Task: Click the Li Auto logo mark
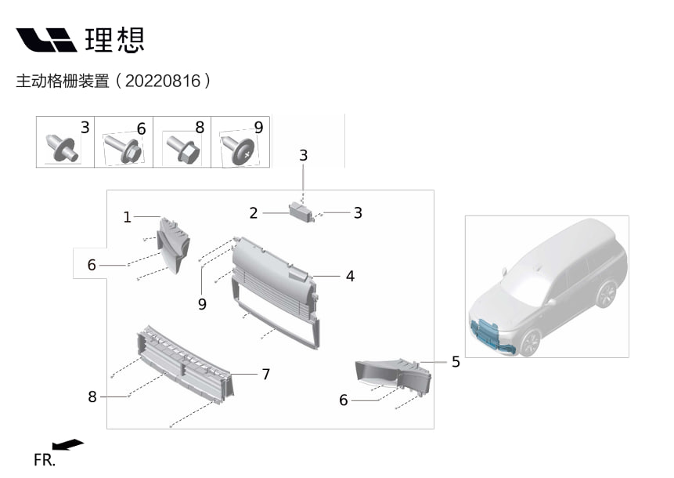(x=46, y=40)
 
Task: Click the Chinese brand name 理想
(x=115, y=40)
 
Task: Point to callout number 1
(x=128, y=217)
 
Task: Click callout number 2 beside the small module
(x=254, y=213)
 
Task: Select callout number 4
(x=350, y=276)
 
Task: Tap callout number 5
(x=456, y=362)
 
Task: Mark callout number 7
(x=266, y=375)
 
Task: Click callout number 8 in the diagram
(x=92, y=397)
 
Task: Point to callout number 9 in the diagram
(x=202, y=304)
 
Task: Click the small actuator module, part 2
(x=301, y=212)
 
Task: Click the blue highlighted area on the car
(x=490, y=333)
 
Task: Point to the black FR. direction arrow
(x=71, y=445)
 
